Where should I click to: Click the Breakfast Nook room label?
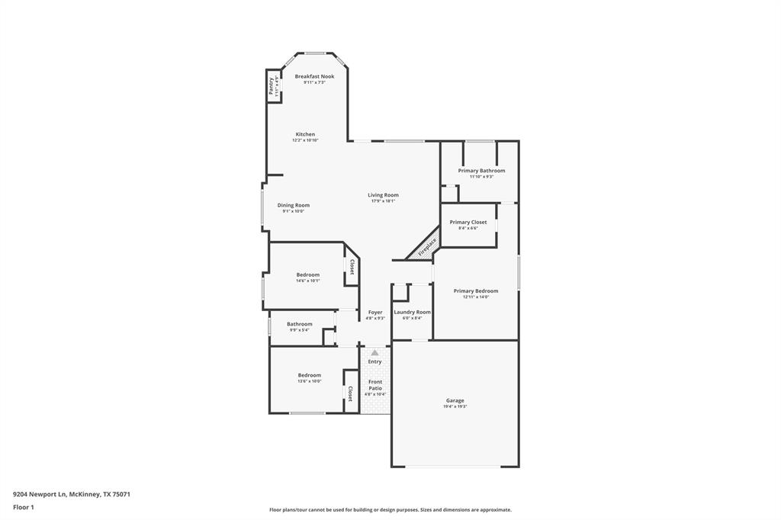(x=314, y=76)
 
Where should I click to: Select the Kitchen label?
(x=305, y=134)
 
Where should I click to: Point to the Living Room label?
(x=383, y=195)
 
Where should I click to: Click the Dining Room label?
(x=293, y=205)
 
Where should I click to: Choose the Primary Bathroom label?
(x=481, y=171)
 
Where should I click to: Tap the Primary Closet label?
(x=468, y=222)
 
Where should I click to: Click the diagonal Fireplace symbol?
(x=426, y=247)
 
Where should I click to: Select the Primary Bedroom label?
(x=475, y=290)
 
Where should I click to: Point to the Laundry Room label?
(x=412, y=312)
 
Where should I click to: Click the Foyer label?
(x=374, y=312)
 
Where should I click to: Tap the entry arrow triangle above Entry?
(x=374, y=353)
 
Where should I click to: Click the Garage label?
(x=455, y=400)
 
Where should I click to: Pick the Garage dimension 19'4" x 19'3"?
(x=455, y=407)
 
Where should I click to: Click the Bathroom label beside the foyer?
(x=299, y=324)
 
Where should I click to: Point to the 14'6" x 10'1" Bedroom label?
(x=308, y=274)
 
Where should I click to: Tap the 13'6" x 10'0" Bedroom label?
(x=309, y=375)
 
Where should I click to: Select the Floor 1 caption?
(x=24, y=507)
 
